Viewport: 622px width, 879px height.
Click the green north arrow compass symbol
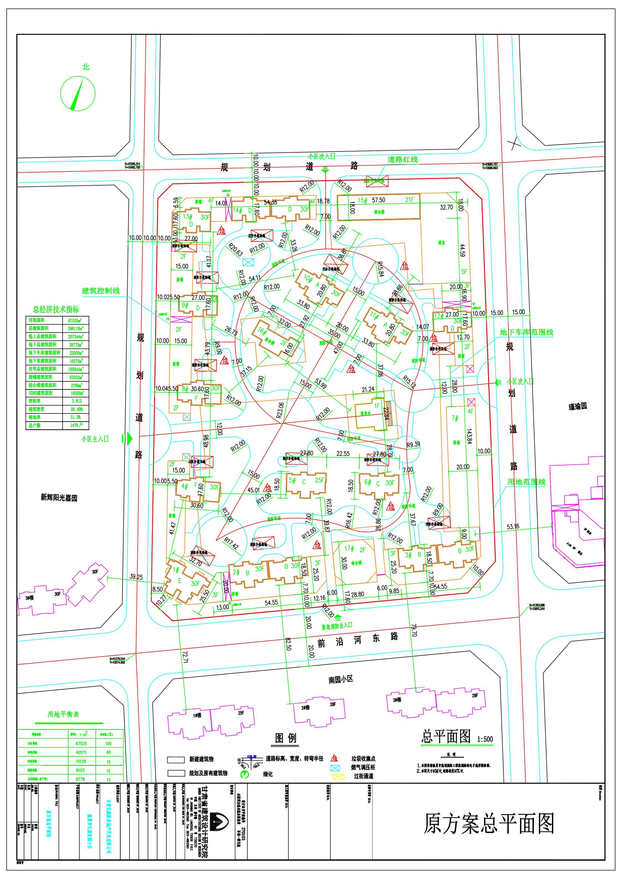[78, 93]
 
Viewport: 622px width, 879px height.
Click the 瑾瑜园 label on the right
[578, 406]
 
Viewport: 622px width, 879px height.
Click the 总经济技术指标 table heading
[56, 309]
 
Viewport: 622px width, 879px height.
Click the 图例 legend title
[286, 738]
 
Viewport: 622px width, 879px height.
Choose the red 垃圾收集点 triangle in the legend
[334, 759]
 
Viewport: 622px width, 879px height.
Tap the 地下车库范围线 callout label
[526, 332]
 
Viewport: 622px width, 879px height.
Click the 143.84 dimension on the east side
[469, 435]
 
